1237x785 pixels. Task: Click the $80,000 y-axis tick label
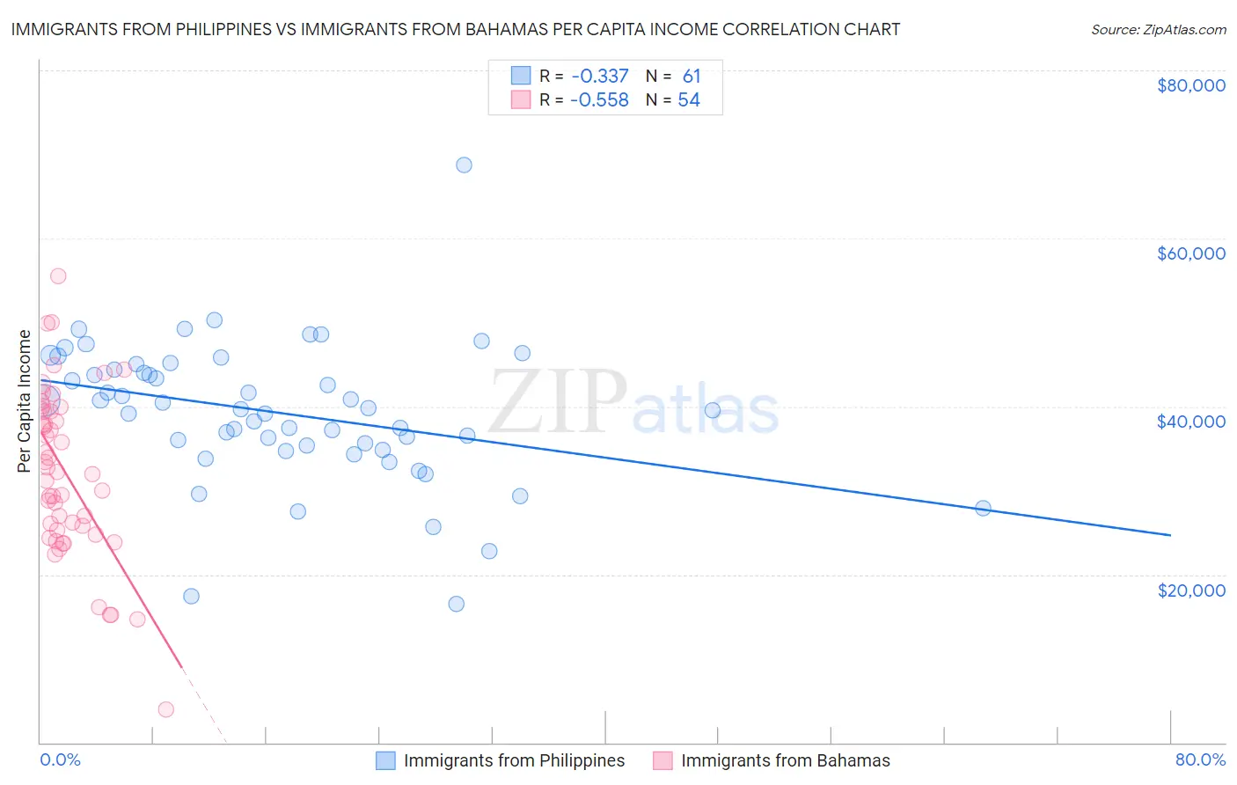(1190, 85)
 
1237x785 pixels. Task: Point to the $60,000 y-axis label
(1190, 253)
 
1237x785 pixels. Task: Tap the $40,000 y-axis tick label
(1190, 422)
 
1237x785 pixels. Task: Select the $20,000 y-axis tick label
(1190, 590)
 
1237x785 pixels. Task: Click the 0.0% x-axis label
(60, 759)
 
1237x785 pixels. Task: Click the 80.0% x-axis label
(1200, 759)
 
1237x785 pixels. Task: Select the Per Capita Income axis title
(24, 400)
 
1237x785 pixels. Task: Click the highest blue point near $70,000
(464, 165)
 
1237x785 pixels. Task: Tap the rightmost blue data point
(983, 508)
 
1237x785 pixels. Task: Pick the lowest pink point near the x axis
(165, 709)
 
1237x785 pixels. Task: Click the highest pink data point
(58, 275)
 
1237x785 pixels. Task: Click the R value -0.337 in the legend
(599, 77)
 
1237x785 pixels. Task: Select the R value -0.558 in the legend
(599, 100)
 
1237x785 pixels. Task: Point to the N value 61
(692, 77)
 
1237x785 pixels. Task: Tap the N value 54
(689, 100)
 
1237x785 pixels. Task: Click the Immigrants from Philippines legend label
(514, 760)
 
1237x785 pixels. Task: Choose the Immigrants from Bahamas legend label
(785, 760)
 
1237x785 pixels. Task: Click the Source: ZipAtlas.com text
(1158, 30)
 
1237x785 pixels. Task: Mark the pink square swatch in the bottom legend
(662, 760)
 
